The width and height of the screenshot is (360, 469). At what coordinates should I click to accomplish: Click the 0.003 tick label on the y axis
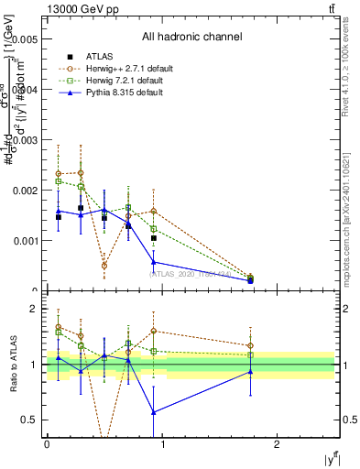[22, 140]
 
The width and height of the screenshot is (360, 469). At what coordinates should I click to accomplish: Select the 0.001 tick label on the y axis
[22, 241]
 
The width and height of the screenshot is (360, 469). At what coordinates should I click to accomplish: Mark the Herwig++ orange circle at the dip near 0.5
[104, 266]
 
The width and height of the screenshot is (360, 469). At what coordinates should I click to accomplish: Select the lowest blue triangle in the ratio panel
[153, 411]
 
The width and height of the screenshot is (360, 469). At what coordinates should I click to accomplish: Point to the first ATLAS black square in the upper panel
[59, 217]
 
